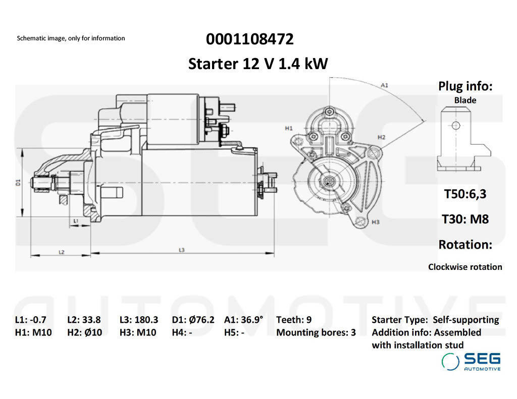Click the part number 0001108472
click(249, 39)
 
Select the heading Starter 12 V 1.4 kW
click(258, 64)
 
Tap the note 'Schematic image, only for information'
click(71, 38)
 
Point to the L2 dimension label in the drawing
click(61, 251)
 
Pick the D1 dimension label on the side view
click(18, 182)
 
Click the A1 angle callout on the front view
click(384, 85)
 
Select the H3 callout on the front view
click(375, 221)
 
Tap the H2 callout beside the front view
click(381, 137)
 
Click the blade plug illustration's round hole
click(455, 126)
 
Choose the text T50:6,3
click(465, 194)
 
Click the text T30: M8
click(465, 219)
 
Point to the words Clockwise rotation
click(465, 267)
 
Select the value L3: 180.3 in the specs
click(139, 319)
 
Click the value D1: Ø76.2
click(193, 319)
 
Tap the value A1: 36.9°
click(243, 319)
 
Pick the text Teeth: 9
click(294, 319)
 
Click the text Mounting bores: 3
click(316, 332)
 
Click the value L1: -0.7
click(31, 319)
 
